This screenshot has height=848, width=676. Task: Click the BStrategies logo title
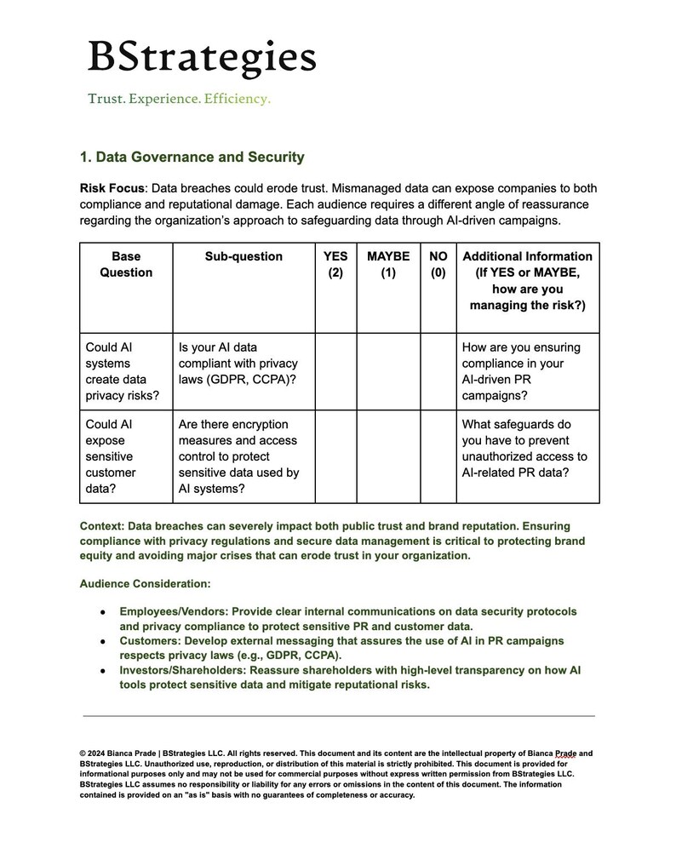point(202,58)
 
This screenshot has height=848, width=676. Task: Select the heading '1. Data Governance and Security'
point(192,158)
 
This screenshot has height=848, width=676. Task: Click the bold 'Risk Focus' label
point(112,187)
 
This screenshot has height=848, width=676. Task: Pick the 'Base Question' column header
point(126,265)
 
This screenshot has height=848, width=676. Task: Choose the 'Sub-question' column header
point(243,256)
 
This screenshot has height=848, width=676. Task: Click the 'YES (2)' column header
point(335,265)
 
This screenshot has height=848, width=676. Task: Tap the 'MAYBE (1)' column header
point(388,265)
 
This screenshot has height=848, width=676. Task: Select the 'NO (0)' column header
point(438,265)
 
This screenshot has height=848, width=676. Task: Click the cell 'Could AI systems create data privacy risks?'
point(126,371)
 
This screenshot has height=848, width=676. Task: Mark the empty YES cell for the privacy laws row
point(335,371)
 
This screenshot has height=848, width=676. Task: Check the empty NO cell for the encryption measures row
point(438,456)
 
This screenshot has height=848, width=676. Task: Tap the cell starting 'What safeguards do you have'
point(527,448)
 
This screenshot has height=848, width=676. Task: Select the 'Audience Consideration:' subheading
point(145,584)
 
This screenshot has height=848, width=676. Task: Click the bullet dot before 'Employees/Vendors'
point(102,612)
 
